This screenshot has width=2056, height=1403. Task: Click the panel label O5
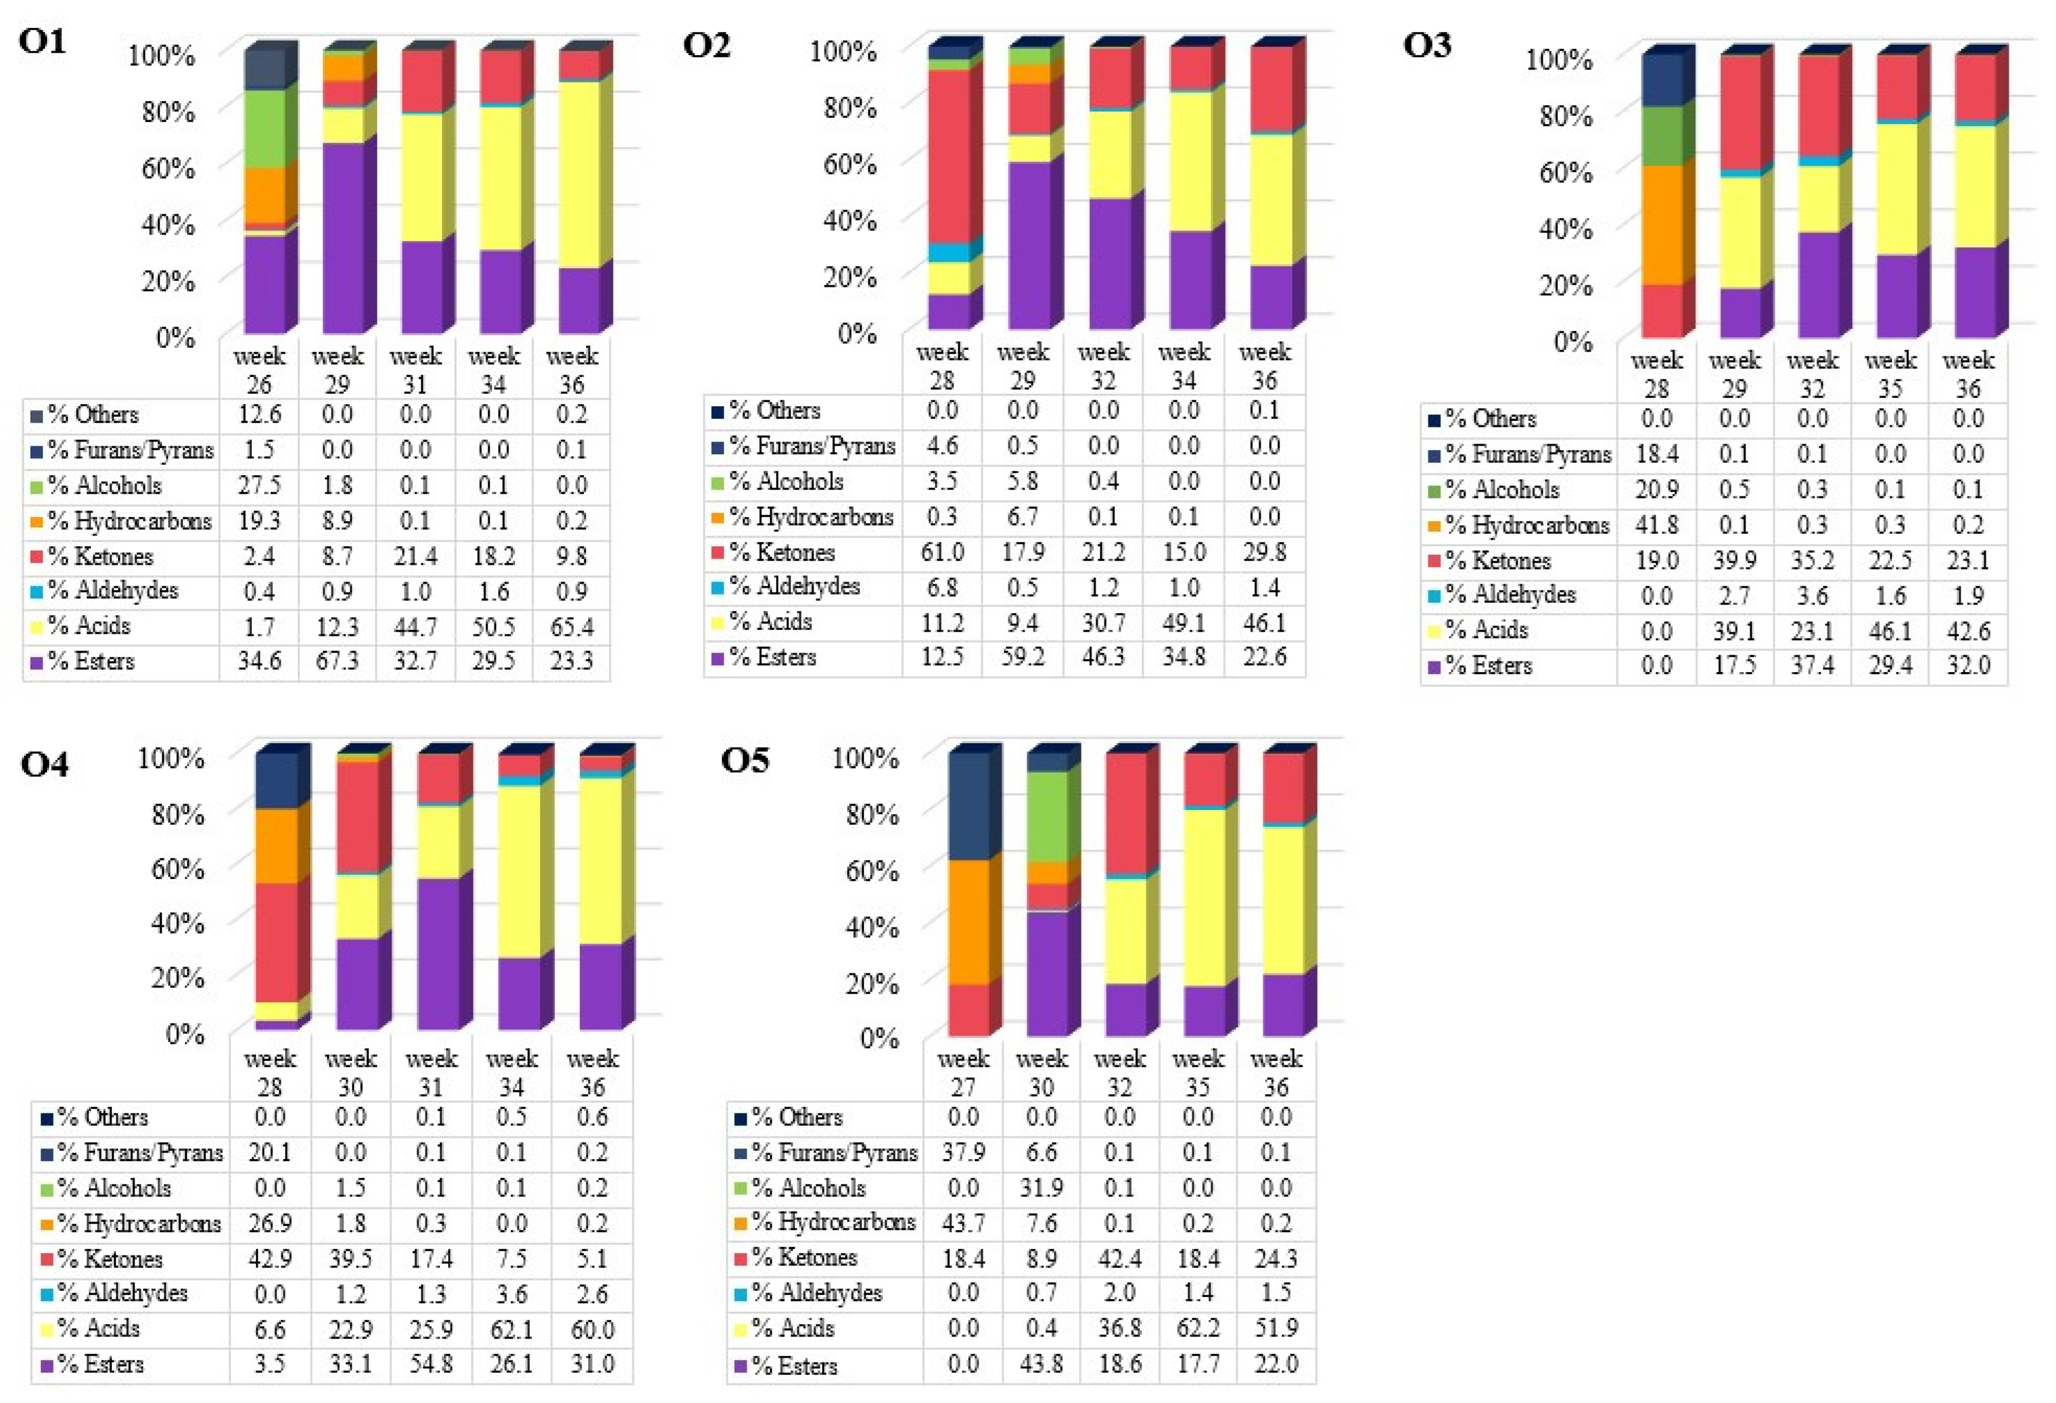click(745, 759)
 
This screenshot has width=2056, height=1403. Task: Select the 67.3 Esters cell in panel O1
click(337, 661)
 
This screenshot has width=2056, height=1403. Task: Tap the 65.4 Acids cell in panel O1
click(571, 627)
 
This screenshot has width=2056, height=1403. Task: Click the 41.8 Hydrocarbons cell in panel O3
click(1656, 525)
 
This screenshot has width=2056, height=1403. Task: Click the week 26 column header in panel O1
click(259, 370)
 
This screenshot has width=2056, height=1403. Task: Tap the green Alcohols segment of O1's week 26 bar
click(265, 128)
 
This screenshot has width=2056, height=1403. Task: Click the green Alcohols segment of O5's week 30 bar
click(1049, 815)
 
